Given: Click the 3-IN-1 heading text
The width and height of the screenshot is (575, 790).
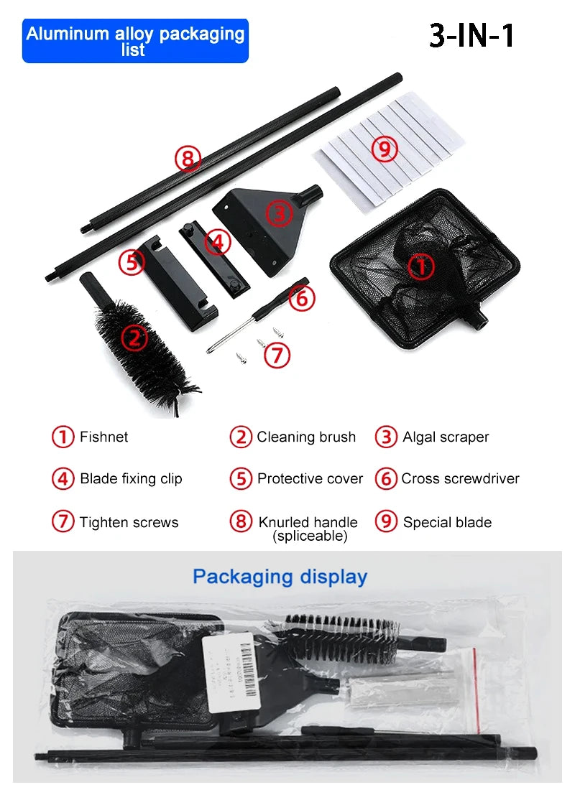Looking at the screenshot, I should [x=472, y=36].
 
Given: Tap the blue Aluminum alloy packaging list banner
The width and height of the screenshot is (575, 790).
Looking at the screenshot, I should [x=135, y=41].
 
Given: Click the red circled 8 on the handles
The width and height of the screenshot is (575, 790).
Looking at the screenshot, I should [x=188, y=159].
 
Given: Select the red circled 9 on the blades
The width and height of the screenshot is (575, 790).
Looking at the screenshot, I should [x=385, y=149].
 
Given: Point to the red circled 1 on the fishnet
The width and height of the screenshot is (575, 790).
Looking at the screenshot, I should [x=421, y=266].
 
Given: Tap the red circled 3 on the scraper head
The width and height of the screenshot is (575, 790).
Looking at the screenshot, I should [x=279, y=213].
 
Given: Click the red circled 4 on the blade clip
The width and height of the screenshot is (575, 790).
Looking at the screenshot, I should [x=217, y=242].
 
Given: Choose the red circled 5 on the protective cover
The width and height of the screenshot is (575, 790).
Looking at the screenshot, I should [x=132, y=262].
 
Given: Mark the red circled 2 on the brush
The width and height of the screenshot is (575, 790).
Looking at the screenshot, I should [x=134, y=336].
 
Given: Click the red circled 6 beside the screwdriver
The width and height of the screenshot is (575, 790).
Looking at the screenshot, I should [x=302, y=298].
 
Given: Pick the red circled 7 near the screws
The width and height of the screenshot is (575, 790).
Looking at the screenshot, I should [x=277, y=355].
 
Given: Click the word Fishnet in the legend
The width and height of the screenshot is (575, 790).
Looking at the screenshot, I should [x=103, y=437].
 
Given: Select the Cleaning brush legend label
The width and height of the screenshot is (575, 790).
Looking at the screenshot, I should [x=306, y=437].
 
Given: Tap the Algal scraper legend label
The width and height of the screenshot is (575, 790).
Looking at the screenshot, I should [x=446, y=437].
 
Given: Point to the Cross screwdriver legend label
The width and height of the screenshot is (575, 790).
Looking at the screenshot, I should [x=460, y=479].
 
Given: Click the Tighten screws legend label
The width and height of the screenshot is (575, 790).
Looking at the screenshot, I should [x=129, y=522].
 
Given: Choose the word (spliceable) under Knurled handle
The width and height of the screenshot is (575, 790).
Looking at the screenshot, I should [x=310, y=536].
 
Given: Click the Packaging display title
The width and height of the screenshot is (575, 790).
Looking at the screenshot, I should [x=280, y=577].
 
